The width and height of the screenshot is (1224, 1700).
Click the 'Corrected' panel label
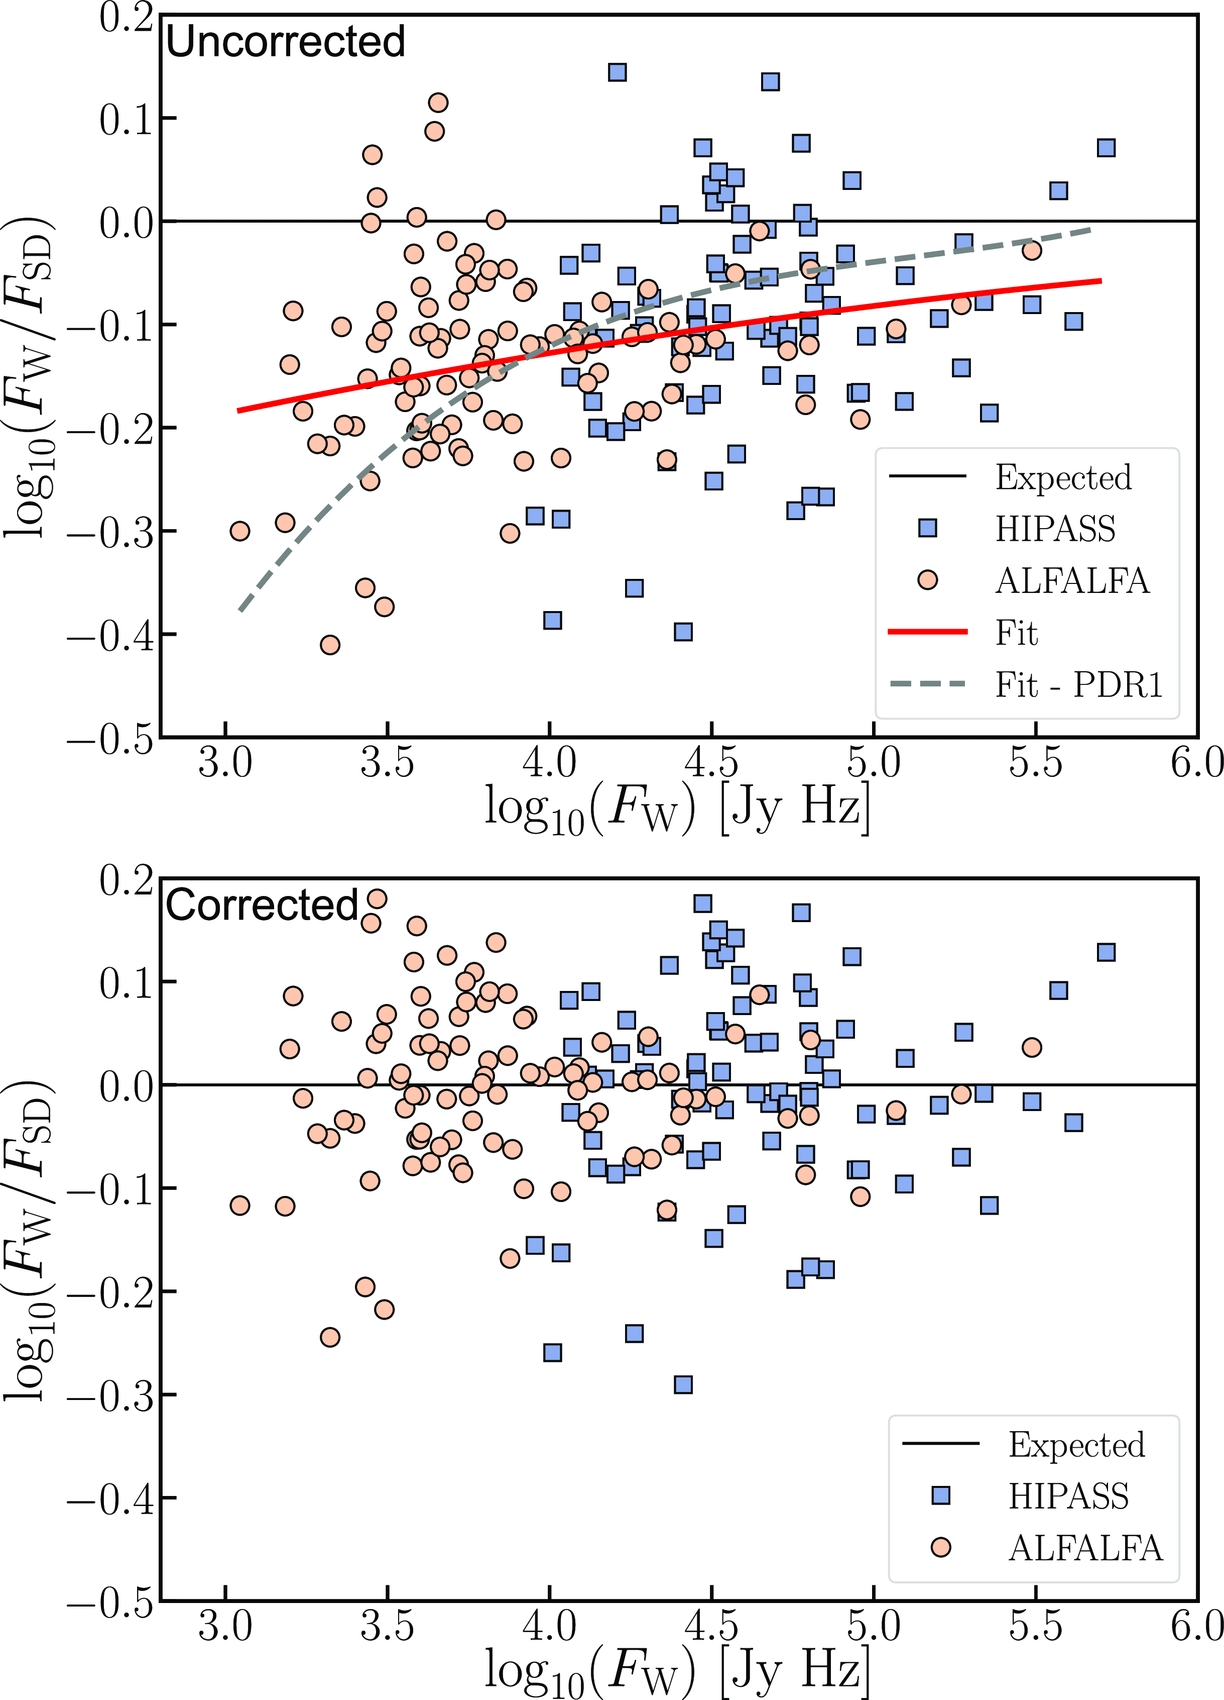[x=262, y=906]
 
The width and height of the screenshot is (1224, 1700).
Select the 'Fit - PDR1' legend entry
[x=1078, y=684]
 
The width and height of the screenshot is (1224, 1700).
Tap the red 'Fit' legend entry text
[x=1016, y=633]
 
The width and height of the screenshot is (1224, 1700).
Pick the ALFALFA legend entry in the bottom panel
[x=1085, y=1548]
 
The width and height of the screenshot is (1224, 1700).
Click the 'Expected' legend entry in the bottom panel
[x=1076, y=1444]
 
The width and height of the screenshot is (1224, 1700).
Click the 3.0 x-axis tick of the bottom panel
[x=225, y=1627]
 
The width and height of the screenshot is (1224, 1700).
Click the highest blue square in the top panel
[x=617, y=72]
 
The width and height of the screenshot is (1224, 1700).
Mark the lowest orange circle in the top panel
[x=329, y=645]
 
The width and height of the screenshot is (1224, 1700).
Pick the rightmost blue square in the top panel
[x=1106, y=148]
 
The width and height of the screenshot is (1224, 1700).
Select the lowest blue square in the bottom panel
[x=682, y=1384]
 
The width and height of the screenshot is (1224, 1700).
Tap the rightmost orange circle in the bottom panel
[x=1032, y=1047]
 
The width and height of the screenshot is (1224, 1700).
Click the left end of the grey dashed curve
[x=240, y=610]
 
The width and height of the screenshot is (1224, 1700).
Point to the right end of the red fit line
[x=1100, y=280]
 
